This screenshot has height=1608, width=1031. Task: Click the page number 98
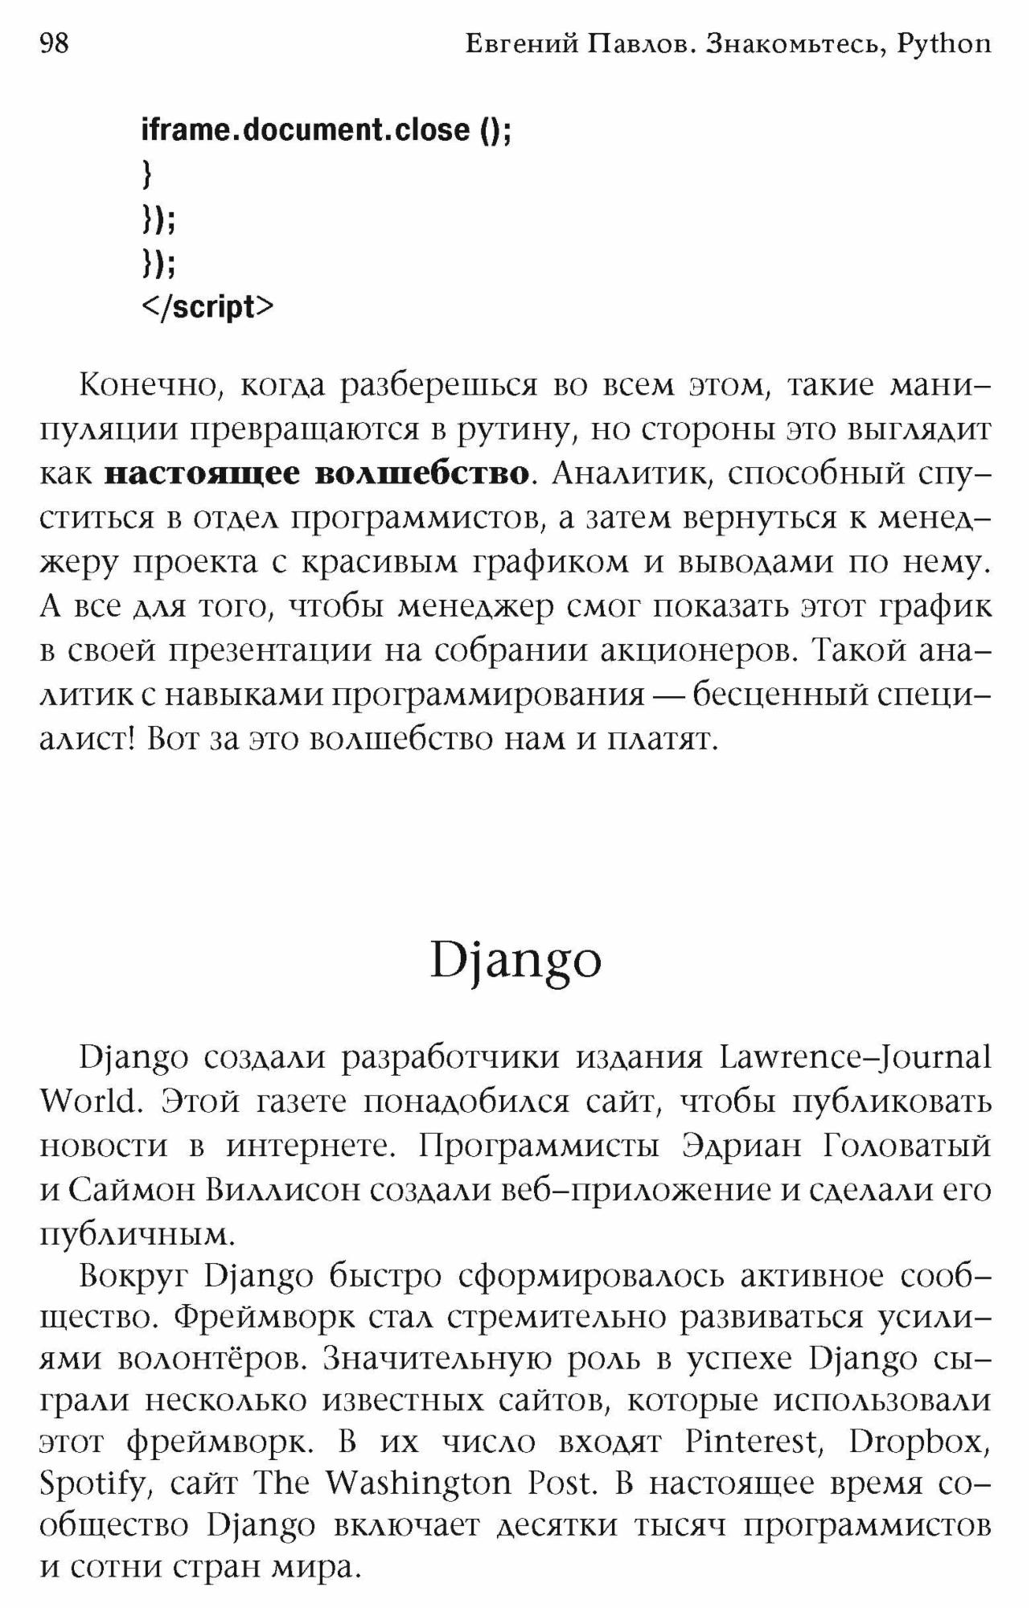[55, 43]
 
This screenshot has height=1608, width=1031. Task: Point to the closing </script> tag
[207, 306]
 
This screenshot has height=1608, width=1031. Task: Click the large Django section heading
[515, 960]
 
